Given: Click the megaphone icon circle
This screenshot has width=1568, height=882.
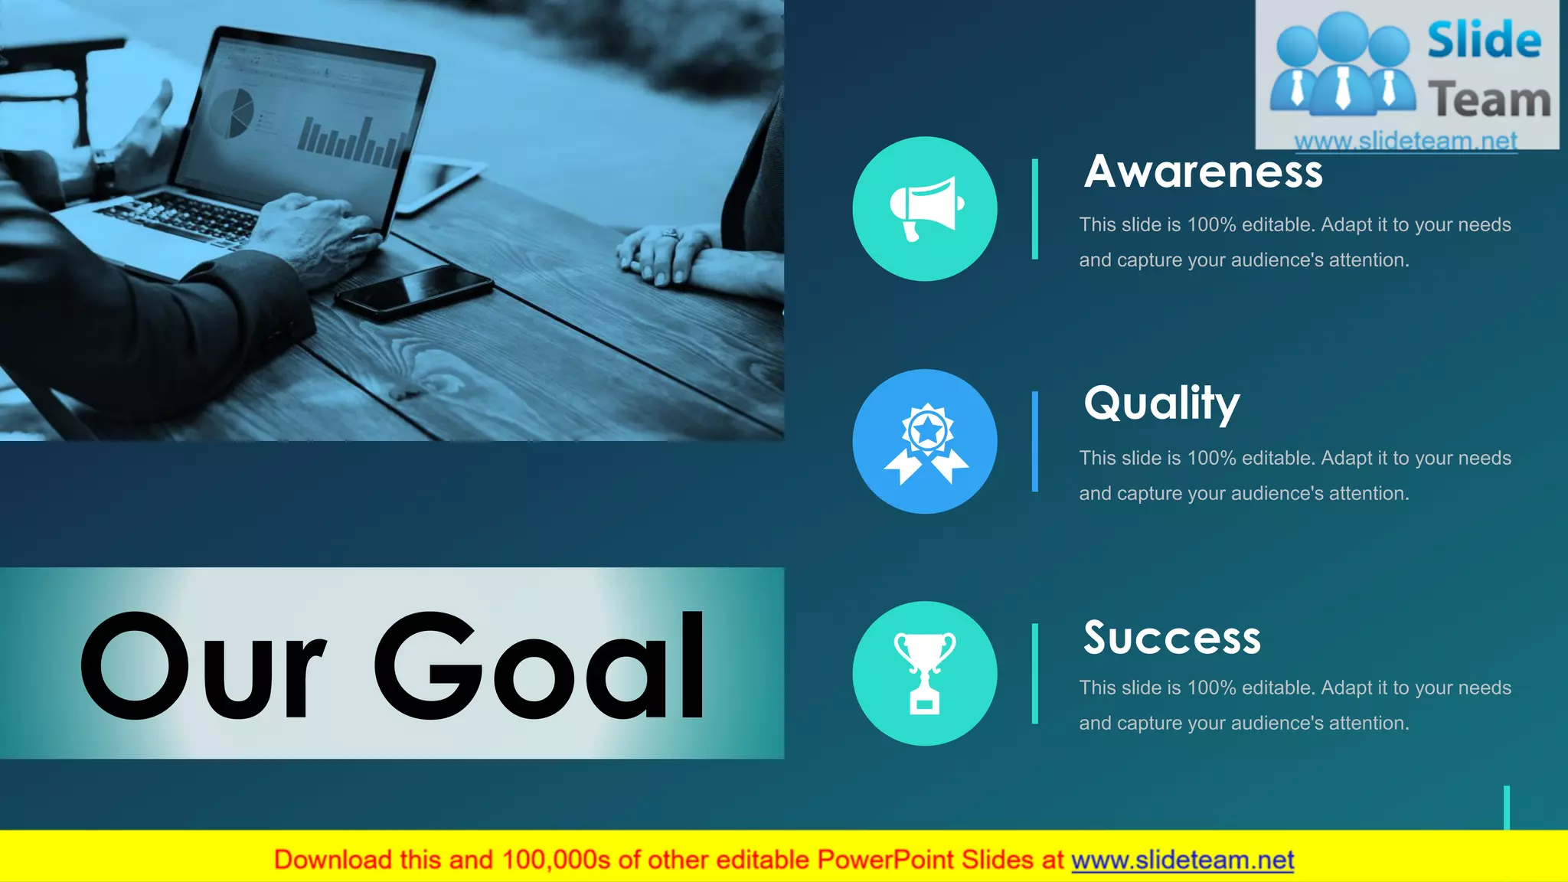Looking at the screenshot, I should click(925, 208).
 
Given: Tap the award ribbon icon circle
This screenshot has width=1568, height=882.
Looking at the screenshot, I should click(925, 441).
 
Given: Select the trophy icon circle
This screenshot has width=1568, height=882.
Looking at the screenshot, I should click(925, 673).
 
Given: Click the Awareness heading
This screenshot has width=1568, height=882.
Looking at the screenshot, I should click(1203, 171).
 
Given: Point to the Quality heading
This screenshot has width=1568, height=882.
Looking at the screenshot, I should click(1161, 403).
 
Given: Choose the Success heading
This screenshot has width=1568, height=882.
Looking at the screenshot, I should click(1171, 637).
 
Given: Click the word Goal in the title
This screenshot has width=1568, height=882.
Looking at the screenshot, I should click(539, 665).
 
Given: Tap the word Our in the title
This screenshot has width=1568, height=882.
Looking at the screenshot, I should click(204, 667).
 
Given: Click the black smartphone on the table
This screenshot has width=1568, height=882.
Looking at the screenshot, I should click(414, 291).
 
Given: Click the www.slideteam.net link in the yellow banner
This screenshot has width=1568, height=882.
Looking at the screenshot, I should click(1182, 860).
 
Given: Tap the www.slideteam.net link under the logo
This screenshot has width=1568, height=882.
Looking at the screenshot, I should click(1406, 141).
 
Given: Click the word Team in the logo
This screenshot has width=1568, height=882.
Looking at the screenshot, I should click(1489, 100).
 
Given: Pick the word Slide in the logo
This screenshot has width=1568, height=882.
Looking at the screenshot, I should click(1484, 40).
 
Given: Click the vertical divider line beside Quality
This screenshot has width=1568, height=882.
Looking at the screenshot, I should click(1035, 441).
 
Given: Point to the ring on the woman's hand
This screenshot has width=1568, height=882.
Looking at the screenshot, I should click(671, 233).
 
